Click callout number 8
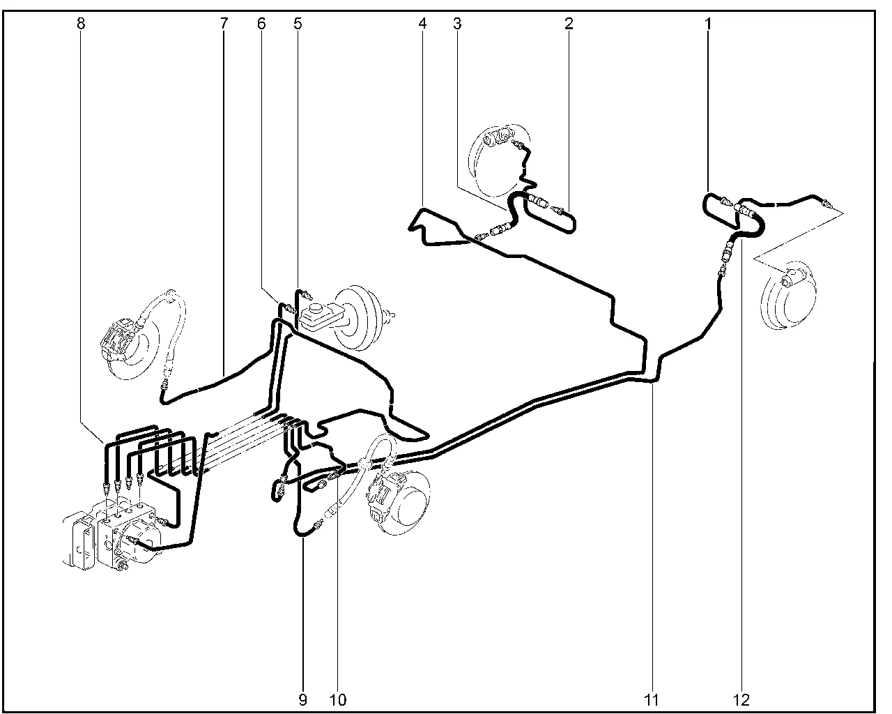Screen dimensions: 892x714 pyautogui.click(x=82, y=24)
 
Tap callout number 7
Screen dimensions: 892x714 pyautogui.click(x=224, y=24)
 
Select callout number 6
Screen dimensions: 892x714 pyautogui.click(x=261, y=24)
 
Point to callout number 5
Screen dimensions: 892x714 pyautogui.click(x=298, y=24)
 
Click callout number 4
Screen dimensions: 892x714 pyautogui.click(x=422, y=24)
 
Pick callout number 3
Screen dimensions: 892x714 pyautogui.click(x=457, y=24)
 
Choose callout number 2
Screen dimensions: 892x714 pyautogui.click(x=569, y=24)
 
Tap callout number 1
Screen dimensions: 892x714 pyautogui.click(x=709, y=24)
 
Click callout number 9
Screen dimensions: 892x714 pyautogui.click(x=303, y=700)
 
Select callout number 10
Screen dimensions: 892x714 pyautogui.click(x=338, y=700)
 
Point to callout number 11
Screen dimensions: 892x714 pyautogui.click(x=651, y=700)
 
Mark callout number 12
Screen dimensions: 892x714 pyautogui.click(x=741, y=700)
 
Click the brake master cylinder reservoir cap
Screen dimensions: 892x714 pyautogui.click(x=316, y=308)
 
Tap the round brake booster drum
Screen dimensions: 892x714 pyautogui.click(x=357, y=317)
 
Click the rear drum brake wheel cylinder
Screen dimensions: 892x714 pyautogui.click(x=791, y=278)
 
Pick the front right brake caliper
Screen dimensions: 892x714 pyautogui.click(x=383, y=494)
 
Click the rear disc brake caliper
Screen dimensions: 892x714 pyautogui.click(x=500, y=138)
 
